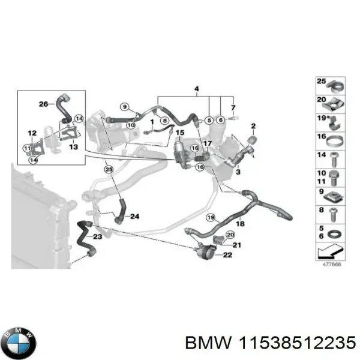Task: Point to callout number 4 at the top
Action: coord(196,90)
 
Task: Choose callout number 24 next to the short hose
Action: coord(134,217)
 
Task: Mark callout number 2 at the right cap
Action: coord(253,126)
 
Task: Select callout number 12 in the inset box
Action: coord(32,133)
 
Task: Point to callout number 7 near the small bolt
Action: coord(233,107)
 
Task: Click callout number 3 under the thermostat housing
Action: coord(238,173)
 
